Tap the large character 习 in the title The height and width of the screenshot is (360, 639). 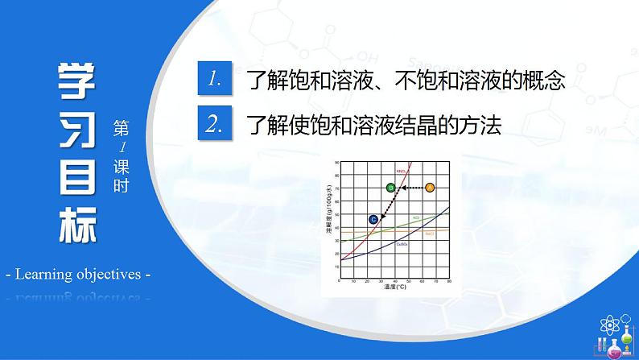pyautogui.click(x=76, y=128)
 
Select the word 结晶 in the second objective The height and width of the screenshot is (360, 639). pyautogui.click(x=424, y=125)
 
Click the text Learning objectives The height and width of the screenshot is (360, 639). pyautogui.click(x=78, y=275)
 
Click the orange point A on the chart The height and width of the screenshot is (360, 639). pyautogui.click(x=429, y=188)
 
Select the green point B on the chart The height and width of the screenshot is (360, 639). pyautogui.click(x=390, y=188)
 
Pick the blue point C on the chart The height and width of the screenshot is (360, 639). pyautogui.click(x=373, y=219)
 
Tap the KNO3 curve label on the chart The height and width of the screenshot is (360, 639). pyautogui.click(x=400, y=171)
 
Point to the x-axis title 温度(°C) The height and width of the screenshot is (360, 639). pyautogui.click(x=393, y=288)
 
